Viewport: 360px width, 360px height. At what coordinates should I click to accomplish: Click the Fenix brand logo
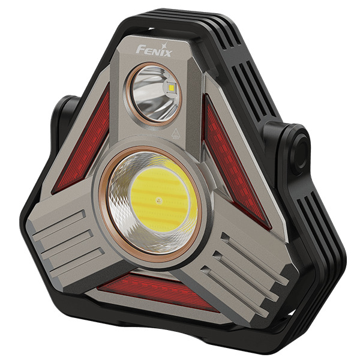point(154,50)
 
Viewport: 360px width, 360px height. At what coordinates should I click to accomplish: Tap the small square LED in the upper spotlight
point(171,88)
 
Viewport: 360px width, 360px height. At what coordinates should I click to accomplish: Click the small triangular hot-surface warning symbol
point(176,133)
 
